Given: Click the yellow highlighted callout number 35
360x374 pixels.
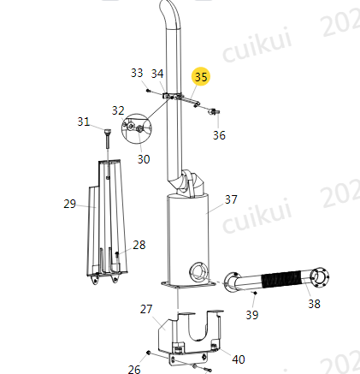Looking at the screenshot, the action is click(x=201, y=77).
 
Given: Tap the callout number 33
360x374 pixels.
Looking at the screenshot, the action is click(x=137, y=73).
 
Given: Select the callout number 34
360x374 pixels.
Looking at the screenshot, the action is click(x=157, y=74).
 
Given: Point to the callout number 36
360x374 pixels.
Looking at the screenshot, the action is click(x=219, y=135).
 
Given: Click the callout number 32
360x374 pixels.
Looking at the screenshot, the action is click(x=118, y=110).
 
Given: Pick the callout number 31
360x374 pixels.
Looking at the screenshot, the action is click(x=84, y=122).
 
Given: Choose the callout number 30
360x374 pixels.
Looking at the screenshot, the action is click(x=144, y=159).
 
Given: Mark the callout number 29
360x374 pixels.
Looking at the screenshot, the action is click(x=70, y=204).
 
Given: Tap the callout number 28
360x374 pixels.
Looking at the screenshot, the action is click(x=139, y=245).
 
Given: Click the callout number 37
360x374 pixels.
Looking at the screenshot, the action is click(x=231, y=199).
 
